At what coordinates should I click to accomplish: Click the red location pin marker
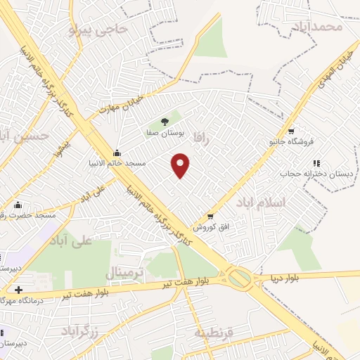181,165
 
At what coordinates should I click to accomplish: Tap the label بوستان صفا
165,132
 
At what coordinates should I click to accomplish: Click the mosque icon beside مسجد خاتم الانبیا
117,153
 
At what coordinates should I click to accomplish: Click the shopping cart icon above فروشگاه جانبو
291,131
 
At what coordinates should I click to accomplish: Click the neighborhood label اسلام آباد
261,202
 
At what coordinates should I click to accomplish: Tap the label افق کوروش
209,228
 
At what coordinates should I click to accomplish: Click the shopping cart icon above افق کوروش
210,217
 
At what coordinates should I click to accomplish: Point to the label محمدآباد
318,27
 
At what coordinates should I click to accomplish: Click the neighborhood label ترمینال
124,271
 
